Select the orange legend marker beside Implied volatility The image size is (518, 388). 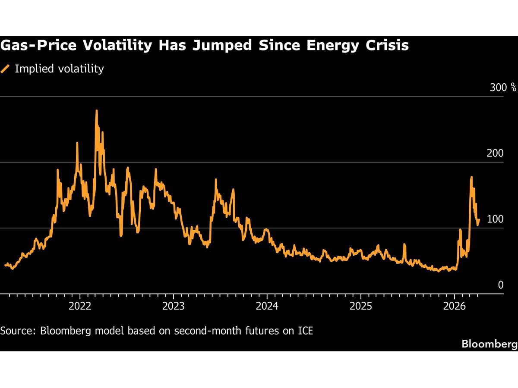click(x=6, y=69)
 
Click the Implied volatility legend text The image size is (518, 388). click(x=59, y=69)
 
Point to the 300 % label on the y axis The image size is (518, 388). click(x=503, y=88)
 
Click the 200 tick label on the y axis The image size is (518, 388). click(x=495, y=153)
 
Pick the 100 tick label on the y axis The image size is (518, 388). click(x=495, y=219)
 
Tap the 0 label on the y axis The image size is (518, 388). click(x=500, y=285)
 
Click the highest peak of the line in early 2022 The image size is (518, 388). click(x=96, y=111)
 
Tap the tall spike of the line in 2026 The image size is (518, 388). click(x=471, y=177)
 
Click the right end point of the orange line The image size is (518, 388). click(x=479, y=219)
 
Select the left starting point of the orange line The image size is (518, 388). click(x=5, y=265)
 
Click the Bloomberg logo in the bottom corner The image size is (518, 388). click(x=489, y=344)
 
